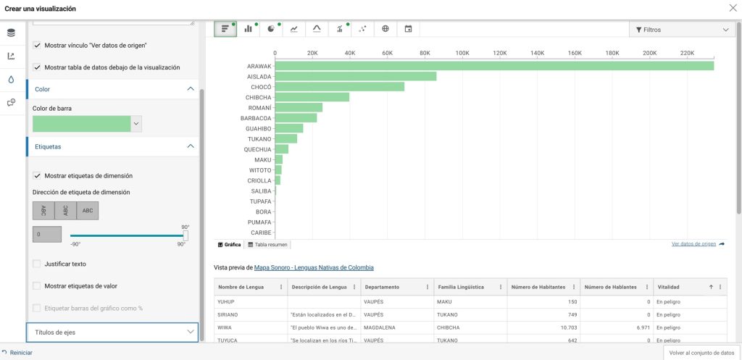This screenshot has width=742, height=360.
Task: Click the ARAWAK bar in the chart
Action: [x=494, y=66]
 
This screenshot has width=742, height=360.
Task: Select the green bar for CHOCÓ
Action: [x=340, y=87]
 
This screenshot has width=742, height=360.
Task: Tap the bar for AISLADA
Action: [x=355, y=77]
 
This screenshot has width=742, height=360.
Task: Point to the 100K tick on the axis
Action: [x=462, y=53]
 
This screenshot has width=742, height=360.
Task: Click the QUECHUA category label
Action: [x=257, y=149]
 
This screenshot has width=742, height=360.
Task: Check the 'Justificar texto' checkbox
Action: [x=36, y=264]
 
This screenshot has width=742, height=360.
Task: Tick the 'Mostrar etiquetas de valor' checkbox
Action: [x=36, y=285]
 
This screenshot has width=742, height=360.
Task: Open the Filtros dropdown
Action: [x=680, y=29]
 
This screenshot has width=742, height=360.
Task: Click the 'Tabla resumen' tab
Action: [x=268, y=245]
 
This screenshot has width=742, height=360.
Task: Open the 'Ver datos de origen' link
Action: [x=693, y=244]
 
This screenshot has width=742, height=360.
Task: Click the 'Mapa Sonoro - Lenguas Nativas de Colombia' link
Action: [x=314, y=268]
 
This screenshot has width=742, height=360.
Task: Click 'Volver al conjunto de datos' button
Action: [x=701, y=353]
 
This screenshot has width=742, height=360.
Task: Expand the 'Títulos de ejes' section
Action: [x=112, y=332]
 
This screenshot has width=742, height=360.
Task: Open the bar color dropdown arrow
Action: [x=136, y=123]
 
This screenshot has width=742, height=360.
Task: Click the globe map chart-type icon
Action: [x=385, y=29]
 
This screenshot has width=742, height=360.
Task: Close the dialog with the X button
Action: [x=733, y=8]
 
